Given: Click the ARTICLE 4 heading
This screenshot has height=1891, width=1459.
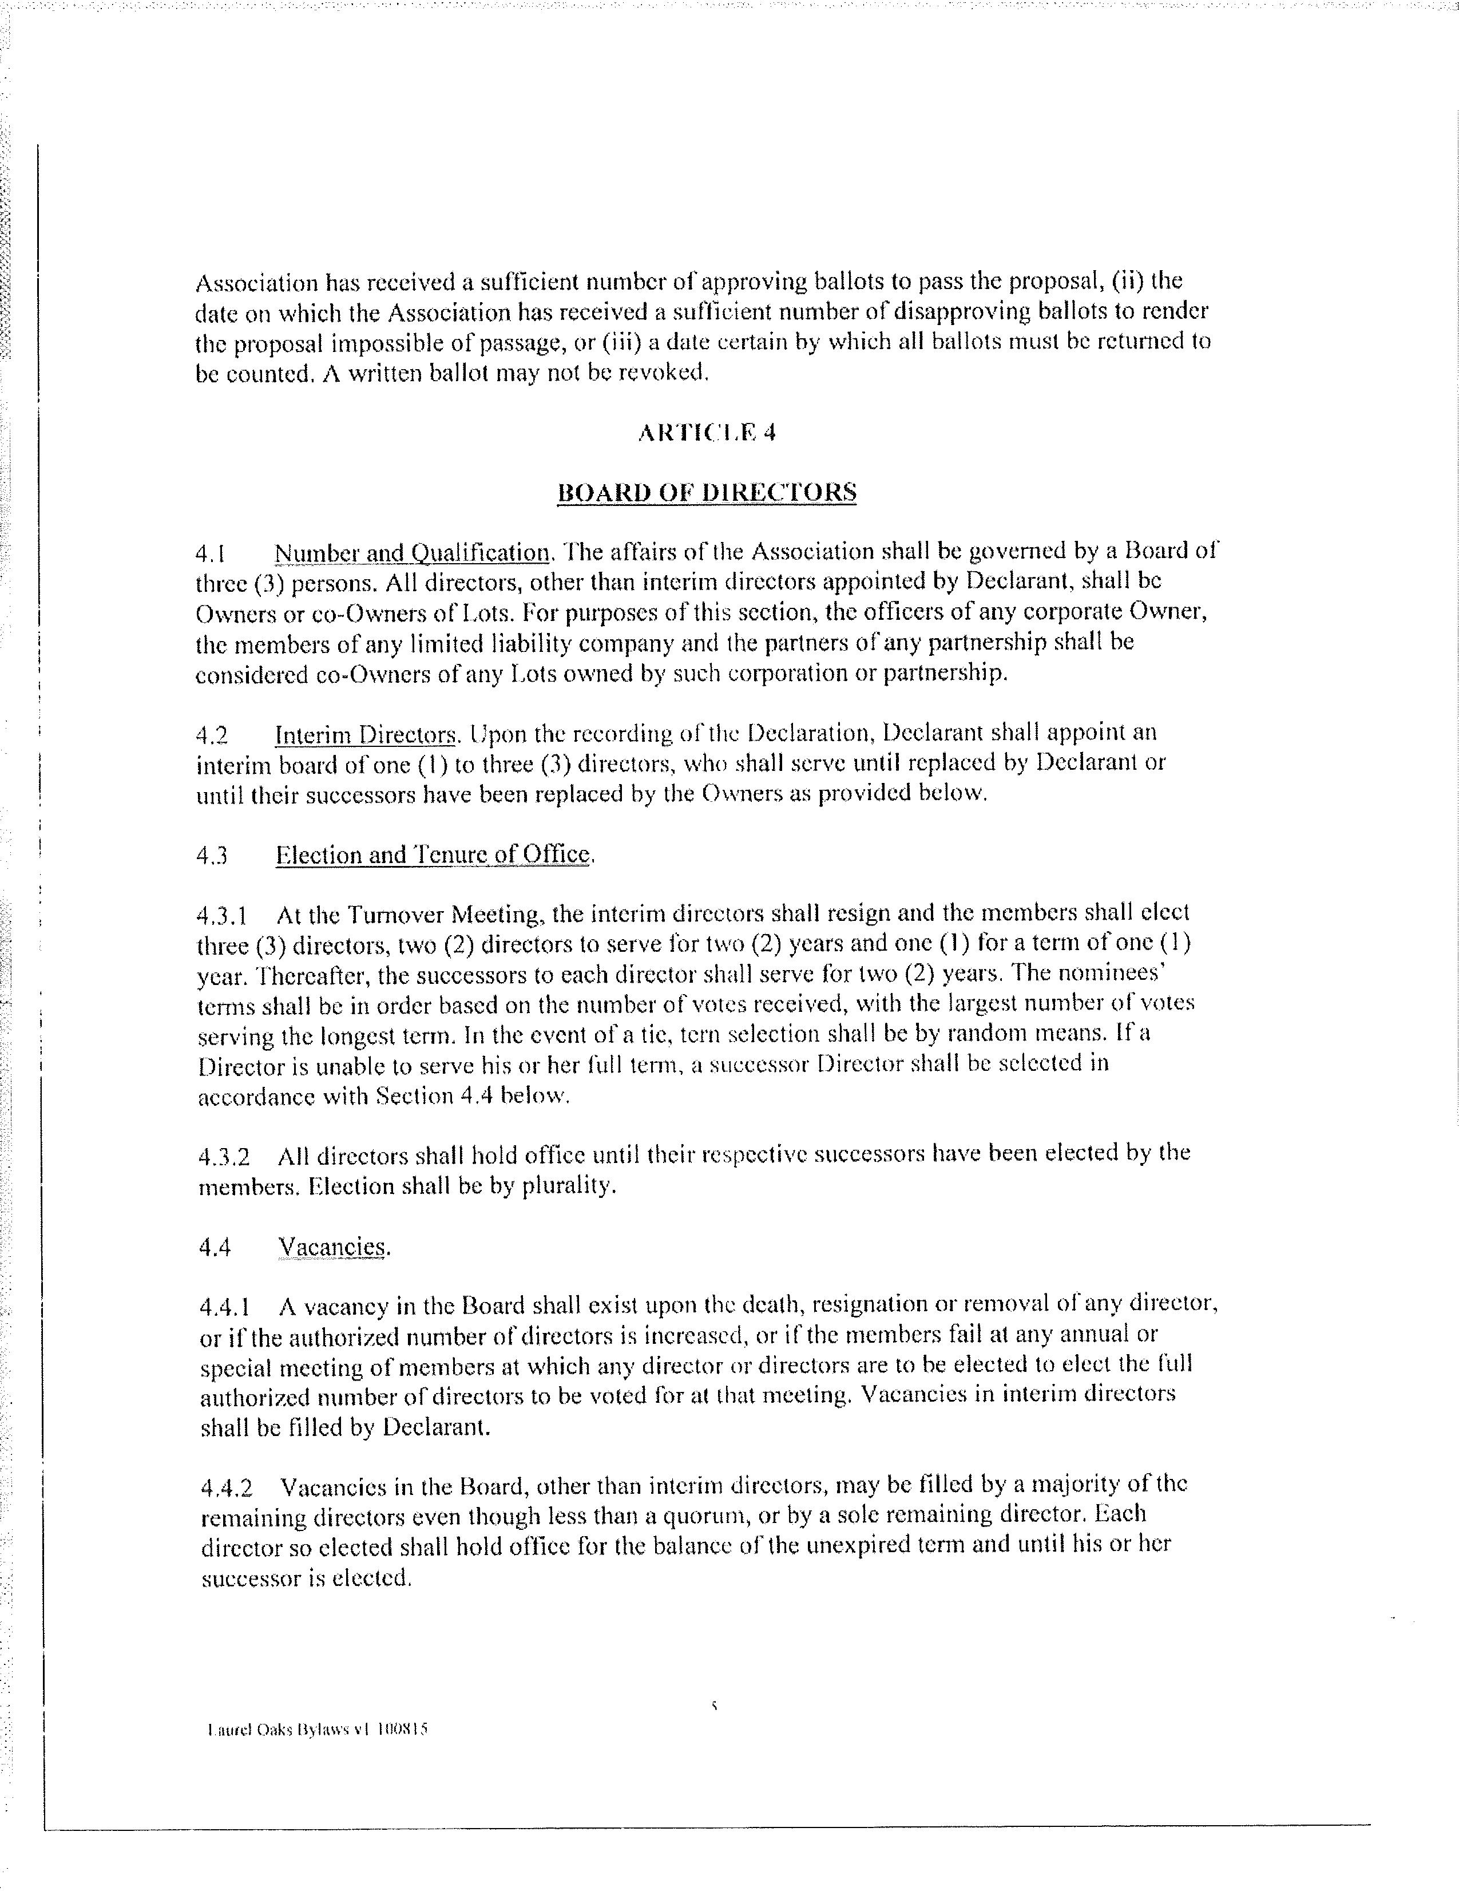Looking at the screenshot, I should point(705,433).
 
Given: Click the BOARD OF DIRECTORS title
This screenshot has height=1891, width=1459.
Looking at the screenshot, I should point(706,493).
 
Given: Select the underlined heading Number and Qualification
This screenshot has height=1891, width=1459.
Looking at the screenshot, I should point(412,552).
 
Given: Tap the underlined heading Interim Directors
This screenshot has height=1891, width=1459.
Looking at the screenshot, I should point(365,735).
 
